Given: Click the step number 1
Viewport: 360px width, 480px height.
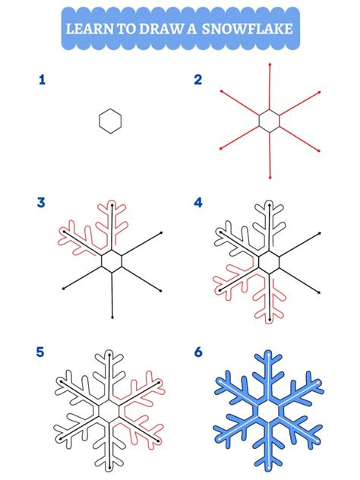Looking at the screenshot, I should [42, 79].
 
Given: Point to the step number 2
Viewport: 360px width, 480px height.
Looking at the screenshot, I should [198, 79].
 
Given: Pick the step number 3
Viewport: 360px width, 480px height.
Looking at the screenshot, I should [42, 202].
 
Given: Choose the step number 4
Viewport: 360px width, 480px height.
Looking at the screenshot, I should [198, 202].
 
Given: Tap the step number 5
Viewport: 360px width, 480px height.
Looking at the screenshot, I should [42, 353].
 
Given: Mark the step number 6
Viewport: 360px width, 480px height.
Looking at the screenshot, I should [198, 353].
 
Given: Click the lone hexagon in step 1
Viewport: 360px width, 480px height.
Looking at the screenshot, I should [110, 120].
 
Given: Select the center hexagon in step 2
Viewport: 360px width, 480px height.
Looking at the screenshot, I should [269, 120].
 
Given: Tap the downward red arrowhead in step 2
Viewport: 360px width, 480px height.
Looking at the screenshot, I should [269, 178].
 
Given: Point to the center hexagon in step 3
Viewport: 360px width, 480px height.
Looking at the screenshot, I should [112, 261].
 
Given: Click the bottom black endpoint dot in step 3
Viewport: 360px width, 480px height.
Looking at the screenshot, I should [112, 317].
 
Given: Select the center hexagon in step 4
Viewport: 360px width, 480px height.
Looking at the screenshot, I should [269, 262].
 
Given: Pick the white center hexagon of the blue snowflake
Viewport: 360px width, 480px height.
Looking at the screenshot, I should [269, 410].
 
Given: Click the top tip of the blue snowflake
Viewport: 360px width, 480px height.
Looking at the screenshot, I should [269, 355].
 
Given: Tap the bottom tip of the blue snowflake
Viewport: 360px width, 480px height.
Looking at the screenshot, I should [269, 466].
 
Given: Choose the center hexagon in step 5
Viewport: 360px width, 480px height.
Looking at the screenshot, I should [111, 411].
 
